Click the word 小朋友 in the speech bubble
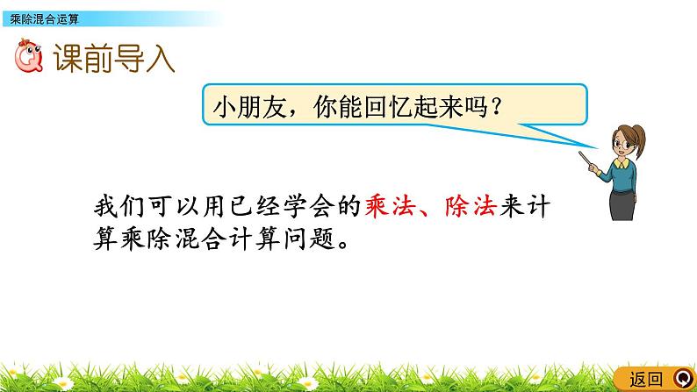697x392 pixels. (x=247, y=108)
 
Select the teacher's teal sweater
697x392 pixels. (x=625, y=176)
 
